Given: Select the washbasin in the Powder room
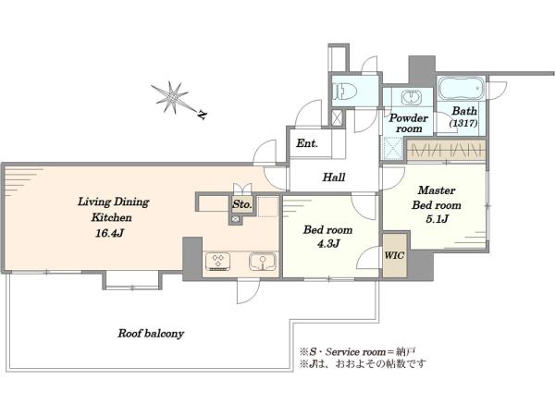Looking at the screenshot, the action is click(x=411, y=97).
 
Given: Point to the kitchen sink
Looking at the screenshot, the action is click(x=263, y=262).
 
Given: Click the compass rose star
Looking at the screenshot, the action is click(x=171, y=97).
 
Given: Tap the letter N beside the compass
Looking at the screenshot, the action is click(x=202, y=115).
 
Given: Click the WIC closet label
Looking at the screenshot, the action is click(x=394, y=255).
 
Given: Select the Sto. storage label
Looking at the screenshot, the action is click(x=242, y=204).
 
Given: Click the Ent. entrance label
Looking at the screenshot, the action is click(x=307, y=143).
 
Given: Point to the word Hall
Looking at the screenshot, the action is click(x=334, y=177).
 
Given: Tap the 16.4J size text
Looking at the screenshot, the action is click(x=110, y=233).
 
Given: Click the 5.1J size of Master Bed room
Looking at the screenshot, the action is click(x=438, y=219).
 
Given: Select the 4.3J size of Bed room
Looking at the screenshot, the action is click(x=328, y=243).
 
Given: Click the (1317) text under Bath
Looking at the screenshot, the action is click(x=463, y=123).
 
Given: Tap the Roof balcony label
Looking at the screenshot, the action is click(x=151, y=333).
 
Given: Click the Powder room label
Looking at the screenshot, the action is click(x=409, y=123).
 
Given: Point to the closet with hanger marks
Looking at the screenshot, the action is click(x=446, y=151).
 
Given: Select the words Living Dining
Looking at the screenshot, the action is click(x=113, y=202).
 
